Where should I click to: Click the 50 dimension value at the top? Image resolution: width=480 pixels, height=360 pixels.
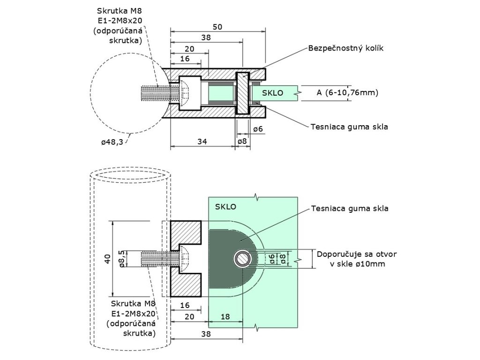point(217,27)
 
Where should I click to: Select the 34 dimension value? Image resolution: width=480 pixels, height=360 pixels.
point(202,142)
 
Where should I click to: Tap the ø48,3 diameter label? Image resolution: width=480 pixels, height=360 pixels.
point(112,142)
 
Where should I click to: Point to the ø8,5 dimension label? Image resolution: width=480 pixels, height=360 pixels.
point(122,259)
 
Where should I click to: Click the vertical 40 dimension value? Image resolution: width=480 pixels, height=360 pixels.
point(107,259)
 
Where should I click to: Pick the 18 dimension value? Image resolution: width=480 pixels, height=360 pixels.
point(225,316)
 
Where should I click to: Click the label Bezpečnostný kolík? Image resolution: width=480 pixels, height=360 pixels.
point(345,48)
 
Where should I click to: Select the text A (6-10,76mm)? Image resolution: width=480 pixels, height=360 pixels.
point(347,92)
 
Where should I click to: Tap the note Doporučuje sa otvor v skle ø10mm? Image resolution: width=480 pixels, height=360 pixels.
point(357,259)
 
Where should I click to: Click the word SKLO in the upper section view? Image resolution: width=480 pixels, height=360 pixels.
point(273,93)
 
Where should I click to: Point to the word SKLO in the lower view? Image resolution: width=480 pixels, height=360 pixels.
point(225,207)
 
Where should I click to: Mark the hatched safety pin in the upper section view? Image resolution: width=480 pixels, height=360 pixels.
point(243,93)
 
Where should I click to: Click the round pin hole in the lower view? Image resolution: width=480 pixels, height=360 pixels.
point(242,259)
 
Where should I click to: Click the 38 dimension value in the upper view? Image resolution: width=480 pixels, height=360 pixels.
point(206,37)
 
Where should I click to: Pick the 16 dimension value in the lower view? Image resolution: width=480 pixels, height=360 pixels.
point(185,305)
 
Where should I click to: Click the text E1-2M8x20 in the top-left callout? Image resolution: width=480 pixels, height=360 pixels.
point(120,21)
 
